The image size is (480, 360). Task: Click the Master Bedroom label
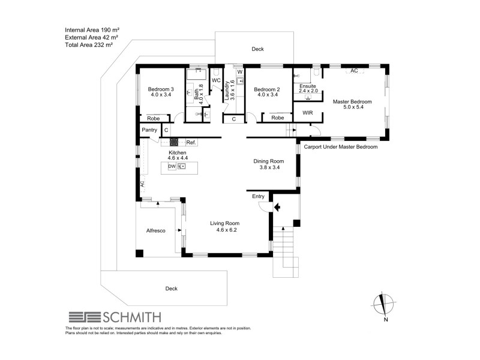pyautogui.click(x=352, y=102)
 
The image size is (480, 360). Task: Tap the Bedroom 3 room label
pyautogui.click(x=161, y=90)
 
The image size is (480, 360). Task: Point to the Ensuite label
pyautogui.click(x=307, y=86)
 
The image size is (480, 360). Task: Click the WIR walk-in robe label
pyautogui.click(x=308, y=112)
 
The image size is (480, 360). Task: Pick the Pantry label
pyautogui.click(x=149, y=130)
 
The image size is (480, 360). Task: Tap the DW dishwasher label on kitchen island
pyautogui.click(x=172, y=166)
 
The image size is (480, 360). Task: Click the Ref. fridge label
pyautogui.click(x=191, y=142)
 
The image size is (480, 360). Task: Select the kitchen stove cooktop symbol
pyautogui.click(x=175, y=142)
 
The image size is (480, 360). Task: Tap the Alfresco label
pyautogui.click(x=156, y=230)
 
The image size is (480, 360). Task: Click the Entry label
pyautogui.click(x=258, y=196)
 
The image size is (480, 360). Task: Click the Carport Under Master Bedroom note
pyautogui.click(x=341, y=146)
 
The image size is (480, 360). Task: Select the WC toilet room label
pyautogui.click(x=216, y=80)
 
